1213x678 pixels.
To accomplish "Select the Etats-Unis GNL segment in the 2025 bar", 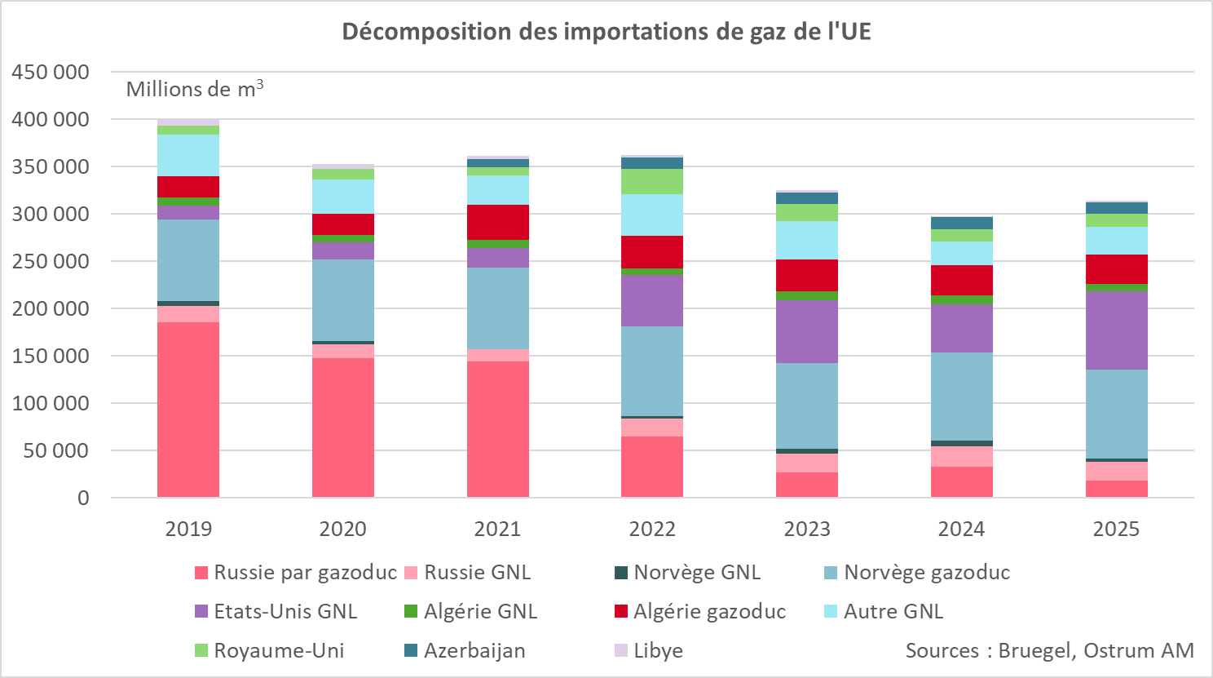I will [x=1116, y=330].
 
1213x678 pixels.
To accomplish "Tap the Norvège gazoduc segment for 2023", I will [x=807, y=405].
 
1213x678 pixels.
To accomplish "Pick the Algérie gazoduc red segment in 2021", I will [x=497, y=222].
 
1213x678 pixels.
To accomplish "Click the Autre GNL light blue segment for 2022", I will [x=652, y=215].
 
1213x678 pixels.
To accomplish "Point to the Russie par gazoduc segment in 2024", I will [x=962, y=481].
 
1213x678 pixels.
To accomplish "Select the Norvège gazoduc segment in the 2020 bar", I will [x=343, y=299].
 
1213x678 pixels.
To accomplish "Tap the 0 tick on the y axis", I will [x=83, y=498].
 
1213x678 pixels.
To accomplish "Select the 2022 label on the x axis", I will [x=652, y=529].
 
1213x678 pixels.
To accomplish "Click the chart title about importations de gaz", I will [x=606, y=31].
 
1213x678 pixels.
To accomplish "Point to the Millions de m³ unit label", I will [x=194, y=89].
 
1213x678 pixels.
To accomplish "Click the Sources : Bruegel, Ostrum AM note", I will [x=1049, y=650].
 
